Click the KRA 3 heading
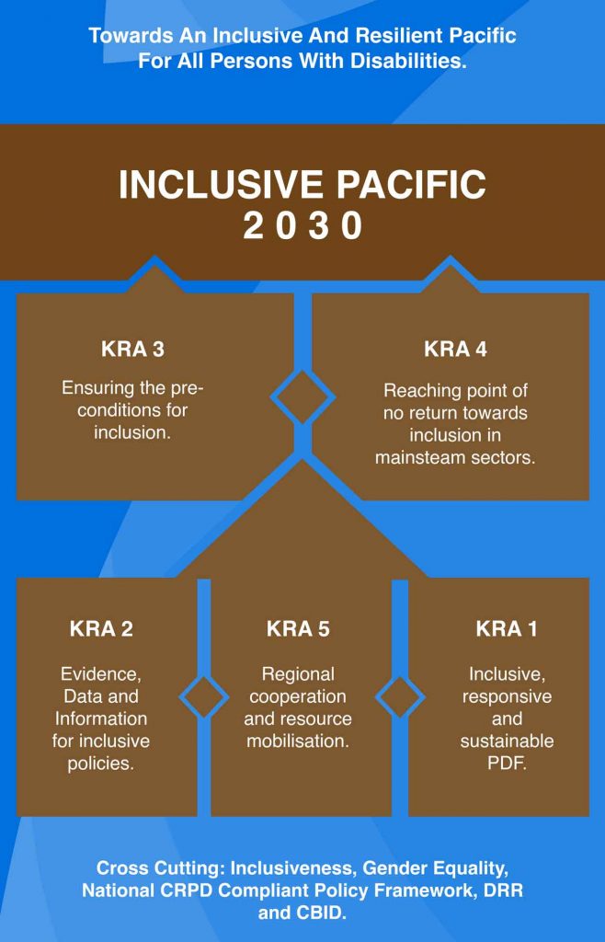tap(132, 349)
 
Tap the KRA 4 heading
tap(455, 349)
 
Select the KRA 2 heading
tap(101, 628)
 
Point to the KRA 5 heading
tap(298, 628)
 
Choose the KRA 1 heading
tap(506, 628)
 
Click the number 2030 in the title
tap(302, 226)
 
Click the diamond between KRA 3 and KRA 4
tap(302, 396)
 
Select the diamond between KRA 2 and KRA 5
tap(204, 697)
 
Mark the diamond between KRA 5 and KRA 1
tap(400, 697)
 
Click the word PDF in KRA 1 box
tap(507, 763)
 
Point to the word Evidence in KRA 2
tap(101, 674)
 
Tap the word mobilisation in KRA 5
tap(298, 741)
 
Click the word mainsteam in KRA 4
tap(417, 458)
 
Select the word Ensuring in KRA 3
tap(97, 388)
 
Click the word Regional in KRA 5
tap(298, 674)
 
